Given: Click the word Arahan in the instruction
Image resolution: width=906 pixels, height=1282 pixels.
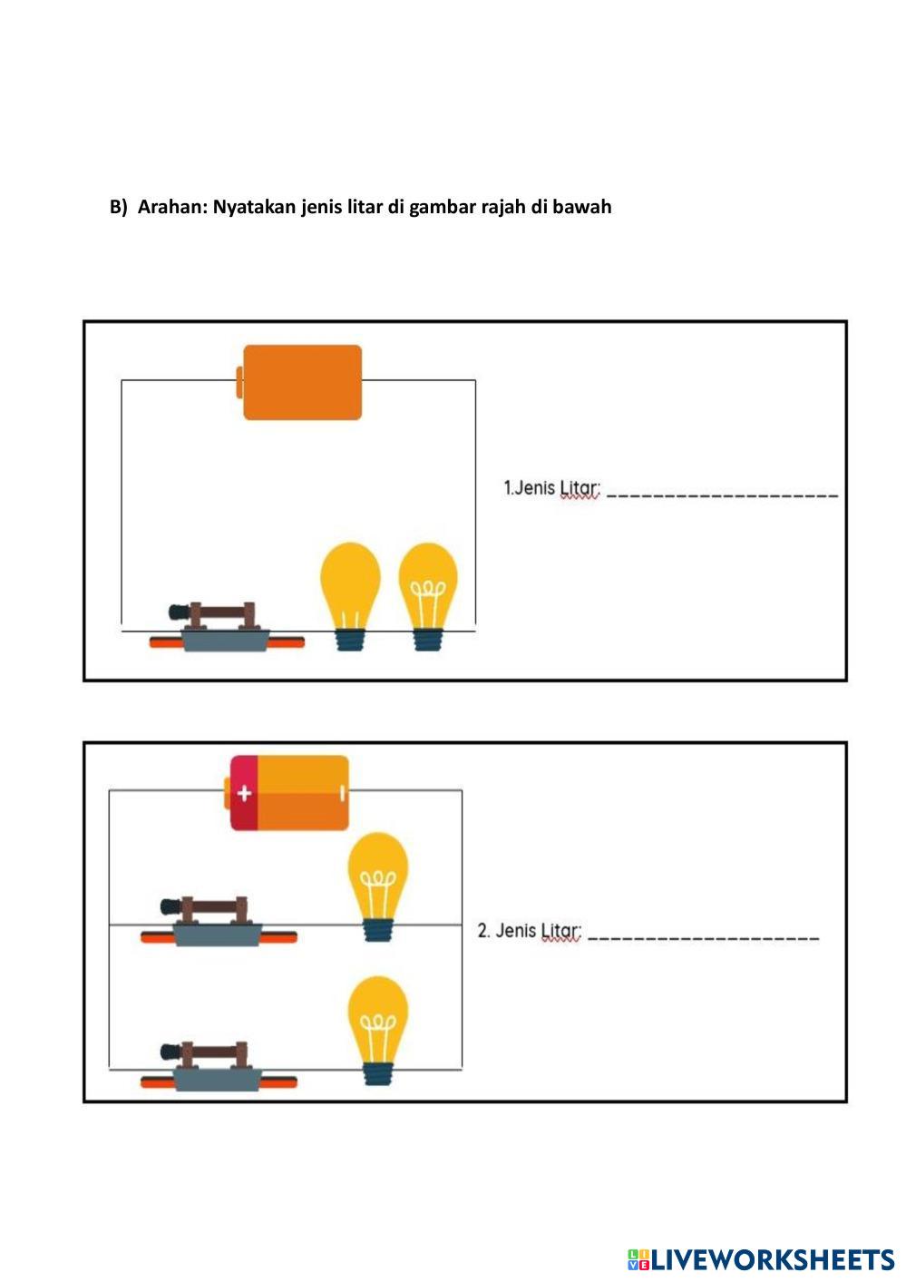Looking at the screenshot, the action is (x=171, y=207).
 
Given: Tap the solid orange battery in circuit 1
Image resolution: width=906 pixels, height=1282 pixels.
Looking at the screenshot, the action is (x=301, y=382).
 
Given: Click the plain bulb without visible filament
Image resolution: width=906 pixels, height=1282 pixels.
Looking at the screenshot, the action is (x=350, y=594).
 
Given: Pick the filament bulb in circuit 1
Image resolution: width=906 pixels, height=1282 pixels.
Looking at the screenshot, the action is (x=428, y=594).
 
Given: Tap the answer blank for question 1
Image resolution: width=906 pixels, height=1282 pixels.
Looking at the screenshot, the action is (x=722, y=494).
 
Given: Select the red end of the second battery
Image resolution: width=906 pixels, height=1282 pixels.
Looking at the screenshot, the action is (x=242, y=793).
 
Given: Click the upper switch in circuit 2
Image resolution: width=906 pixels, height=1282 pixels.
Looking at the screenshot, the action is (x=218, y=924).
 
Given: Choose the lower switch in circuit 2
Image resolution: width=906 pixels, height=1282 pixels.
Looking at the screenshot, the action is (x=218, y=1068).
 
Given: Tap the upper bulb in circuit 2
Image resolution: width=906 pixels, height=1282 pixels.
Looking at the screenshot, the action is (x=378, y=885).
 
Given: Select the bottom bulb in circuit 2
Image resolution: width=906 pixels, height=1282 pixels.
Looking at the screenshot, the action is (x=378, y=1029).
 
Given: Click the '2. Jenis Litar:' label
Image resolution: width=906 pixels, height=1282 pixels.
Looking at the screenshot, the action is (x=530, y=932).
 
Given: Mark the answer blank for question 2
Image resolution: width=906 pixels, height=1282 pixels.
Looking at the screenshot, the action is (x=703, y=937).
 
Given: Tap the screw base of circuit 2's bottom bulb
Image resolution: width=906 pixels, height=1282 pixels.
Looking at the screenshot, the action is (x=378, y=1072).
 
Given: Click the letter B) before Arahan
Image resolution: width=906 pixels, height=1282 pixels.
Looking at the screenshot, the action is (x=119, y=207).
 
